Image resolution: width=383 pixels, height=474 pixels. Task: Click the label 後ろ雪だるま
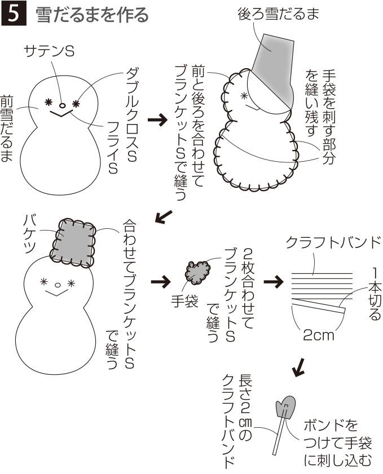pyautogui.click(x=278, y=14)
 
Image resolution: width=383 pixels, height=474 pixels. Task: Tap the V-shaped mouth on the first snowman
pyautogui.click(x=62, y=114)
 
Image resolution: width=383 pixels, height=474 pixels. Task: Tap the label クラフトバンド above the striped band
pyautogui.click(x=333, y=243)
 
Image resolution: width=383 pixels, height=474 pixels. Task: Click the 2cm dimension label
pyautogui.click(x=318, y=336)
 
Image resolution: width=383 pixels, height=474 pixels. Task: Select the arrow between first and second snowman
pyautogui.click(x=160, y=120)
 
